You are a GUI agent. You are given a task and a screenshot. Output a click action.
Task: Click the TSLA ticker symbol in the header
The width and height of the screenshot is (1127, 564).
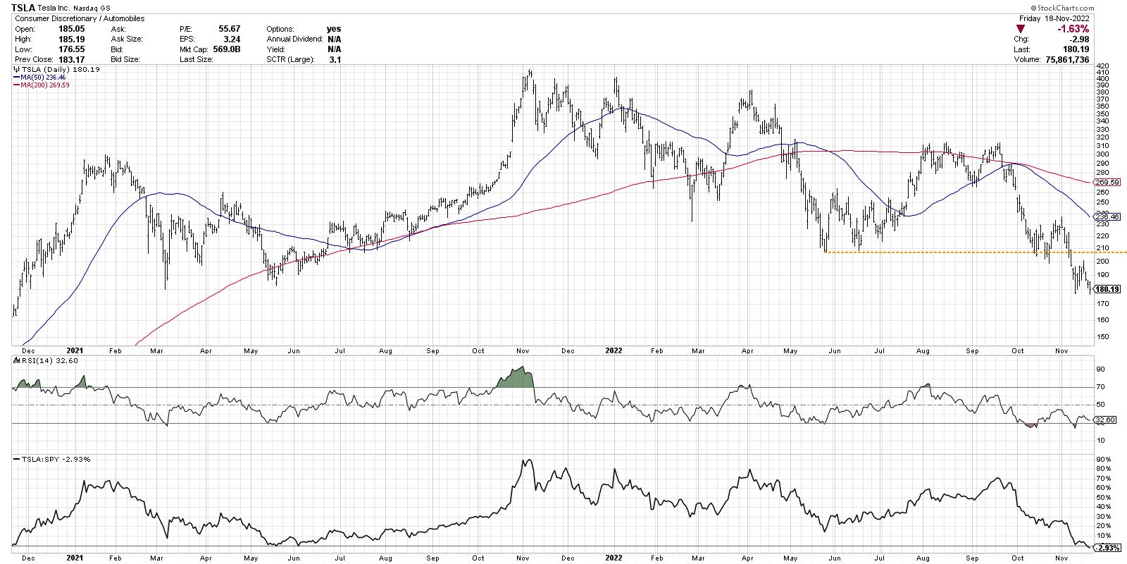tap(23, 8)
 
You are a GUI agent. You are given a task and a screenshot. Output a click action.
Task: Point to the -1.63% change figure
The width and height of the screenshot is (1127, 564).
tap(1073, 29)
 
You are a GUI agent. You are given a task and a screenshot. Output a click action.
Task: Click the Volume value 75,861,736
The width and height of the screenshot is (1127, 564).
tap(1064, 60)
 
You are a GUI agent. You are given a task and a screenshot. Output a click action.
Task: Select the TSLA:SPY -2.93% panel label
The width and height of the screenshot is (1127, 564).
tap(51, 459)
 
